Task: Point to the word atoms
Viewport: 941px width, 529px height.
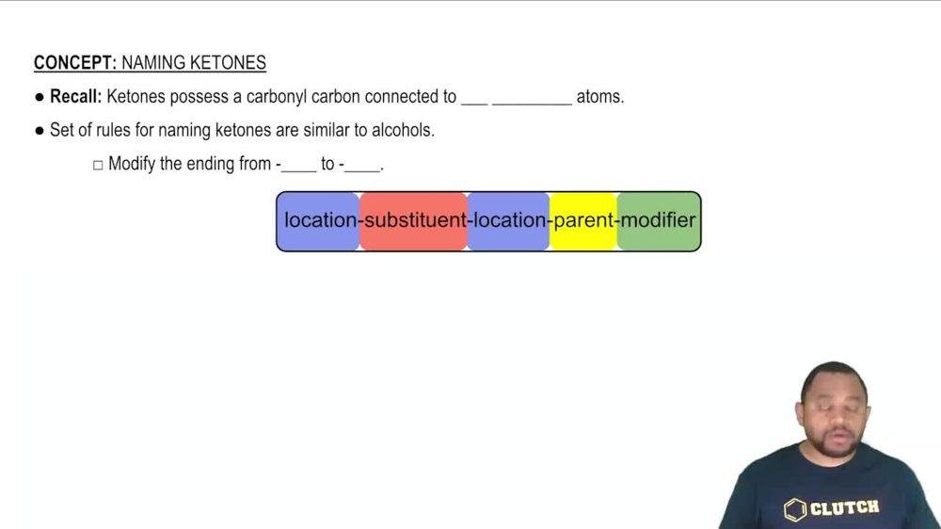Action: (x=599, y=96)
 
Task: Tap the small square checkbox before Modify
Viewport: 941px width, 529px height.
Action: (x=98, y=165)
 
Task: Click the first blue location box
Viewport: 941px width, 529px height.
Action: (x=319, y=221)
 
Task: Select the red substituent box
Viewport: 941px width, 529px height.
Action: (x=414, y=221)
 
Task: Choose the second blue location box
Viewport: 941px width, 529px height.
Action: (x=509, y=221)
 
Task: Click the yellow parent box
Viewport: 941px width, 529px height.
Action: (x=583, y=221)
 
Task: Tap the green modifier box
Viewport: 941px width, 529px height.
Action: (x=659, y=221)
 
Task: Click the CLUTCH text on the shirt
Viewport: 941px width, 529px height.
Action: (x=844, y=508)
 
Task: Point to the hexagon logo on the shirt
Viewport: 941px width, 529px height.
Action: (x=795, y=509)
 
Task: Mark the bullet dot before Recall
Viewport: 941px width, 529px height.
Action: (x=40, y=97)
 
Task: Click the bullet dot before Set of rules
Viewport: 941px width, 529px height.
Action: (x=40, y=131)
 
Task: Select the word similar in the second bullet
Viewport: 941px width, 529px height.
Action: (x=326, y=130)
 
